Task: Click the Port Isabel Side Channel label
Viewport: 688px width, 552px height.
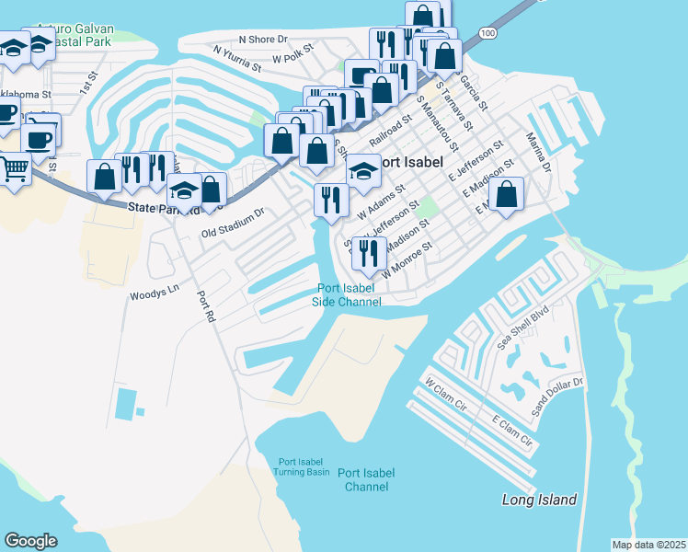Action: click(x=346, y=294)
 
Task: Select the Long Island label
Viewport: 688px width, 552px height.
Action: click(x=539, y=500)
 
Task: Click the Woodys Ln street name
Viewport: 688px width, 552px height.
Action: click(x=153, y=294)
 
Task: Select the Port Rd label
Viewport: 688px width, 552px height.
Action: click(x=205, y=306)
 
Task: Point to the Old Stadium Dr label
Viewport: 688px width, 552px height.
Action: click(x=233, y=223)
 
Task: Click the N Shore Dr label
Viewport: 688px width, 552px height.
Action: click(x=263, y=40)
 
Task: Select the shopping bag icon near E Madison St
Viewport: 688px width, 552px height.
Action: click(x=506, y=193)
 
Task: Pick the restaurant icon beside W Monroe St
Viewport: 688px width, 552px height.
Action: click(x=369, y=252)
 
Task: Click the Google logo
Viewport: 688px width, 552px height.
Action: click(x=30, y=541)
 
